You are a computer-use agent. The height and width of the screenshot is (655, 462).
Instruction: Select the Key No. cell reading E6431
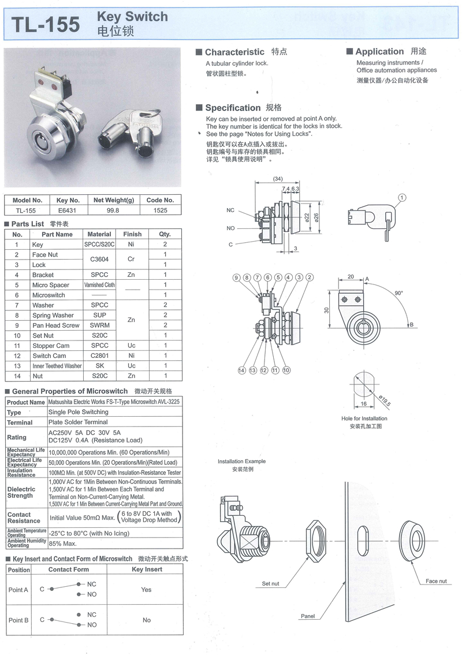pyautogui.click(x=68, y=210)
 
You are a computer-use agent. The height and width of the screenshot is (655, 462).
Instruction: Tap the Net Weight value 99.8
pyautogui.click(x=114, y=210)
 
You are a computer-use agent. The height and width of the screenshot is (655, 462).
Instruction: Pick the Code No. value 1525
pyautogui.click(x=160, y=210)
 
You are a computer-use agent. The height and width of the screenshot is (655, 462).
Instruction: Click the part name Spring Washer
pyautogui.click(x=53, y=315)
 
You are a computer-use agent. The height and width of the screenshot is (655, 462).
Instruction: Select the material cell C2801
pyautogui.click(x=99, y=356)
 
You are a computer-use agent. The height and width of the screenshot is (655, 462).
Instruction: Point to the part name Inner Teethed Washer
pyautogui.click(x=57, y=366)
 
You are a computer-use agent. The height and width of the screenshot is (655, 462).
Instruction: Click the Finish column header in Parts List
pyautogui.click(x=132, y=234)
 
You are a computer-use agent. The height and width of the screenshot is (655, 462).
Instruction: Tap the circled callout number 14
pyautogui.click(x=241, y=370)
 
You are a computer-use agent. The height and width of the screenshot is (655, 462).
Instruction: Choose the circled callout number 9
pyautogui.click(x=236, y=277)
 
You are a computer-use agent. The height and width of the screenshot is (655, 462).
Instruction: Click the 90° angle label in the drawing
pyautogui.click(x=398, y=293)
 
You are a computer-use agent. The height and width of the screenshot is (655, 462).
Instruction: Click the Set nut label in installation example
pyautogui.click(x=270, y=584)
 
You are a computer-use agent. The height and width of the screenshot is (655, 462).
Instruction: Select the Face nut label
pyautogui.click(x=436, y=581)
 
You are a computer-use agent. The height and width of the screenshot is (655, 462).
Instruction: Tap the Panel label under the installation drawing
pyautogui.click(x=308, y=616)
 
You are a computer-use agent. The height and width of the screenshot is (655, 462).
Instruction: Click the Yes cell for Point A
pyautogui.click(x=146, y=590)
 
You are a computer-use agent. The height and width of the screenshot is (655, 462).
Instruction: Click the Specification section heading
pyautogui.click(x=233, y=108)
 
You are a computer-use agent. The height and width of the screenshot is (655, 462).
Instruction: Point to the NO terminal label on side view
pyautogui.click(x=231, y=228)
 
